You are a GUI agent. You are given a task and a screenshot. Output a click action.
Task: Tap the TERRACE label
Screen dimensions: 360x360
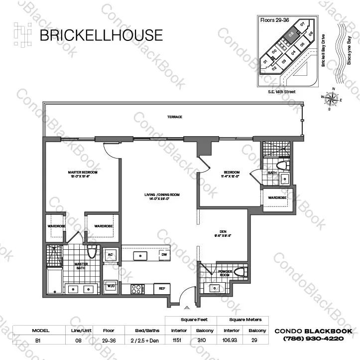[174, 117]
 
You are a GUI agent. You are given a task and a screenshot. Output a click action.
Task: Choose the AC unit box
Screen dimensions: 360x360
[111, 255]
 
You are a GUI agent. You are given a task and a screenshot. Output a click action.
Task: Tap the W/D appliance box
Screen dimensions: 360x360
[111, 287]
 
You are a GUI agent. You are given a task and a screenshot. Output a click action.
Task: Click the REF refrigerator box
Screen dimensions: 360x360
[162, 288]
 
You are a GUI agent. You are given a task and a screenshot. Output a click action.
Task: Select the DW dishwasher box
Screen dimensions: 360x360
[164, 255]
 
